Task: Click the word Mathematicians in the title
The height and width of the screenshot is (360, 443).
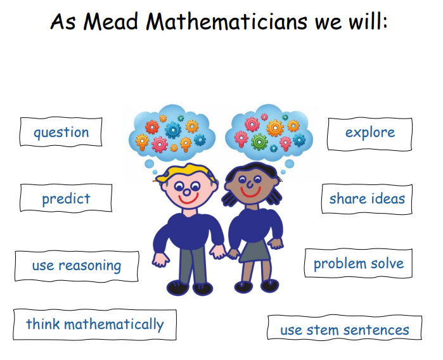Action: [227, 22]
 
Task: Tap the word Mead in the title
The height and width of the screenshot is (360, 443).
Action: [110, 22]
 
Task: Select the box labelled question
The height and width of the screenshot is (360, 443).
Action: [61, 132]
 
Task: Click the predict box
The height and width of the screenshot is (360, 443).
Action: [66, 198]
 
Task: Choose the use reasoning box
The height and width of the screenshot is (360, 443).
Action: [77, 266]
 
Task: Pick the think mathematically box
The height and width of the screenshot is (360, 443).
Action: [95, 325]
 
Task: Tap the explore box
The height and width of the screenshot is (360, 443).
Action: [369, 134]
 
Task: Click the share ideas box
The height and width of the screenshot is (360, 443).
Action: [367, 198]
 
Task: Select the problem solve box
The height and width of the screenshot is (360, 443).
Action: [359, 264]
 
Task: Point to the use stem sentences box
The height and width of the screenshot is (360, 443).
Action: [344, 328]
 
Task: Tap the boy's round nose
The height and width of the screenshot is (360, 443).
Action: [186, 193]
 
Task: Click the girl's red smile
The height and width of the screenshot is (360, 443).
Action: [250, 193]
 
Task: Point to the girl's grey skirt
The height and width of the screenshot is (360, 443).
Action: [255, 251]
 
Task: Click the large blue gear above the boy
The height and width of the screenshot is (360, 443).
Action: [173, 130]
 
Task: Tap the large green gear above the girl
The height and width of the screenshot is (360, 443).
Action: [259, 142]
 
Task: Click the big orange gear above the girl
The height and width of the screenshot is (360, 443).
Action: [275, 128]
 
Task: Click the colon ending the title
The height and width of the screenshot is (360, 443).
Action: [385, 23]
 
